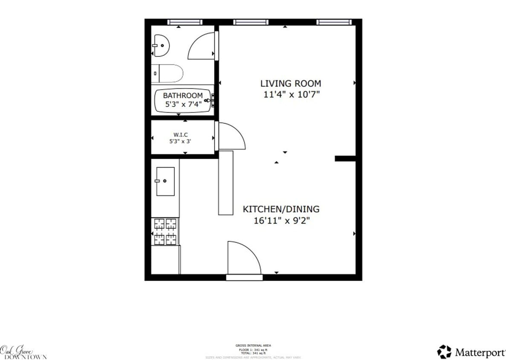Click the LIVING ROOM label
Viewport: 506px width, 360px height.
[291, 84]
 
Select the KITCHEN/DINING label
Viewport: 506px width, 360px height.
[281, 209]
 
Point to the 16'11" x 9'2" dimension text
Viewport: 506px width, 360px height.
[281, 221]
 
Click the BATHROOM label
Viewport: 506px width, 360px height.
[182, 96]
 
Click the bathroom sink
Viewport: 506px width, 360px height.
[161, 46]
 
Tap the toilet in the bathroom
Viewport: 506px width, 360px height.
[168, 73]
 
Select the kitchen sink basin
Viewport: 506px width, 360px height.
[165, 181]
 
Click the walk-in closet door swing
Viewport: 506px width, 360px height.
[231, 136]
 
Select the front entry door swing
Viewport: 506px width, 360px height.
[243, 258]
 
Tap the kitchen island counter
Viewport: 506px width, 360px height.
[226, 183]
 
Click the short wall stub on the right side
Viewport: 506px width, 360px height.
[345, 159]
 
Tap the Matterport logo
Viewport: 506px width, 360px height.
[471, 352]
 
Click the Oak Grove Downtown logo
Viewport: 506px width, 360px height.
[22, 352]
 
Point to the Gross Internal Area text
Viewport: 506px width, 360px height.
[253, 345]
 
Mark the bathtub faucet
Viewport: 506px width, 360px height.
[209, 100]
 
